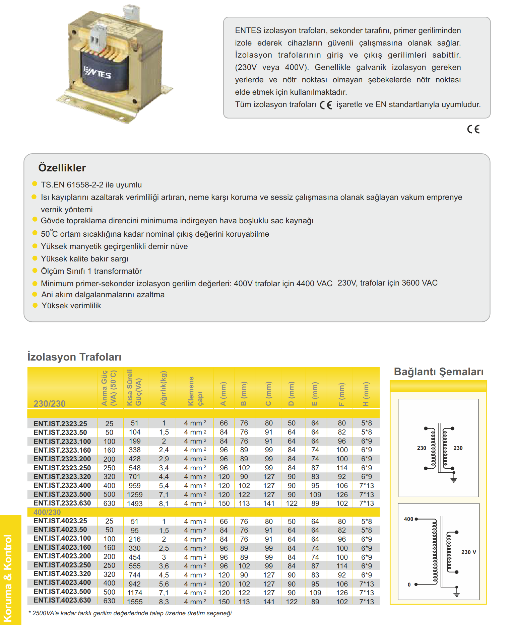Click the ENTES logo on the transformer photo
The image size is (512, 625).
(97, 72)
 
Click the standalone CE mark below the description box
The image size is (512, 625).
(473, 129)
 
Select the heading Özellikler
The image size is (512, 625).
(62, 168)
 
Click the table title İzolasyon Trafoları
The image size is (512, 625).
(74, 357)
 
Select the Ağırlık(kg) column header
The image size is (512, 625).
(163, 388)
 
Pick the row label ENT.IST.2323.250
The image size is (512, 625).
(62, 468)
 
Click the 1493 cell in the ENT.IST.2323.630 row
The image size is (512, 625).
(135, 503)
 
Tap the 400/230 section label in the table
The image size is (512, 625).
(47, 512)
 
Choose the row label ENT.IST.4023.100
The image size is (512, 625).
(62, 538)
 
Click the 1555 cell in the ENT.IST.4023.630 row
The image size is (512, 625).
(135, 602)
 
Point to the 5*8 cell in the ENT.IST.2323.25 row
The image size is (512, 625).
(366, 423)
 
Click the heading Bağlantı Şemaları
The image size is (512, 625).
(439, 372)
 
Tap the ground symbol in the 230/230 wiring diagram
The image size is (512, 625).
(454, 480)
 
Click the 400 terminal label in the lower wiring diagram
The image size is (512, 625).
(408, 519)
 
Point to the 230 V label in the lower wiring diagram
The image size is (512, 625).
(468, 552)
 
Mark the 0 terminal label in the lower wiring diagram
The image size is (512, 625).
(409, 584)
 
